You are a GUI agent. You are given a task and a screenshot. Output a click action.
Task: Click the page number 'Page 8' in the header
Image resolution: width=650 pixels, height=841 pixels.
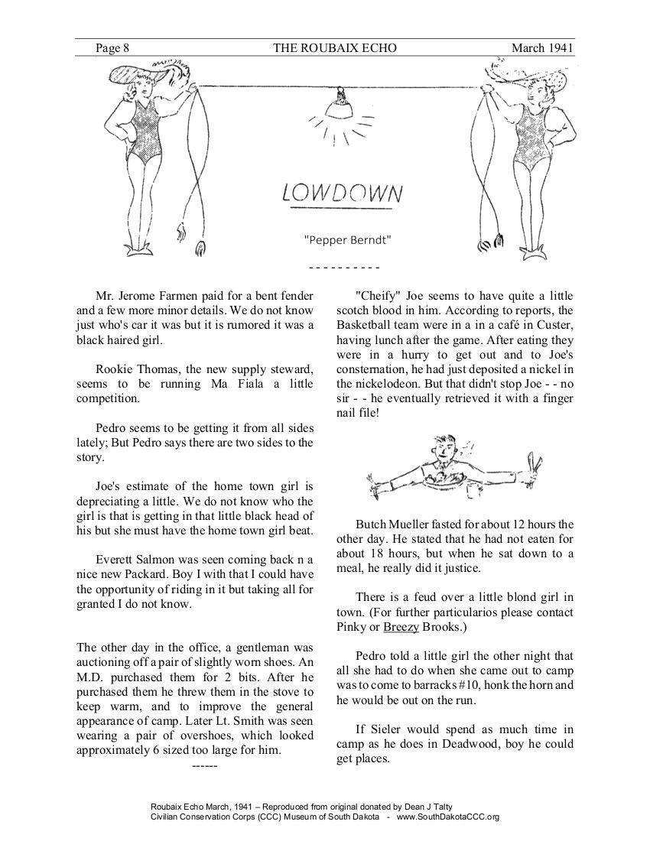[x=112, y=48]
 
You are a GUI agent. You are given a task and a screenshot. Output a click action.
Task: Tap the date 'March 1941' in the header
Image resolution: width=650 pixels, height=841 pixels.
[x=542, y=48]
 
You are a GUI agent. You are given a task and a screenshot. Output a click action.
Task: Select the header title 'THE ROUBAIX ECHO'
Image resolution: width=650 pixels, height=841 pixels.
[x=335, y=48]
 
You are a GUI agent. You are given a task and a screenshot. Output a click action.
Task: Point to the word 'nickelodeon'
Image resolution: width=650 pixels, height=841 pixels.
[x=382, y=383]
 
